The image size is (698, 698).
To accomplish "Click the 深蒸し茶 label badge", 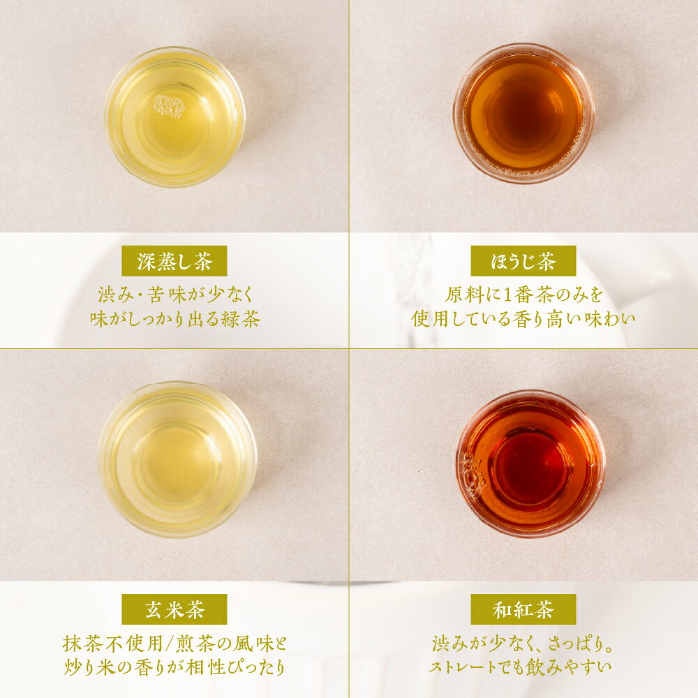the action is [x=174, y=261].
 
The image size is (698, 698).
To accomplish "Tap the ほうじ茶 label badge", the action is [x=523, y=261].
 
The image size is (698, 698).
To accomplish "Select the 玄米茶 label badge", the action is [x=174, y=609].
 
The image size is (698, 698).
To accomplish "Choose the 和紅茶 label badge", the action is [x=523, y=609].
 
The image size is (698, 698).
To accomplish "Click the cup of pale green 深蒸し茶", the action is [x=174, y=117].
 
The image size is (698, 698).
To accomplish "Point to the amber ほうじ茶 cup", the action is [x=523, y=113].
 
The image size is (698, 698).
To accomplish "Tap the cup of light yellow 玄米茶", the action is [x=177, y=459].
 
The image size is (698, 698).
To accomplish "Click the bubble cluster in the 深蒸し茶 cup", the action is [x=169, y=106].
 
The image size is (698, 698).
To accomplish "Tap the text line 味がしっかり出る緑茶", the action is [x=175, y=319].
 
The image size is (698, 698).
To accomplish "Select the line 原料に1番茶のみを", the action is [x=524, y=295].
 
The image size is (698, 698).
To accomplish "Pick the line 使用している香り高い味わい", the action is [x=523, y=319].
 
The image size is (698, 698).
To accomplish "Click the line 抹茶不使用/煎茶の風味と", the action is [x=175, y=644].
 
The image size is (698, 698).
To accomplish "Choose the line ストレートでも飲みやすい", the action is [x=520, y=667].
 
